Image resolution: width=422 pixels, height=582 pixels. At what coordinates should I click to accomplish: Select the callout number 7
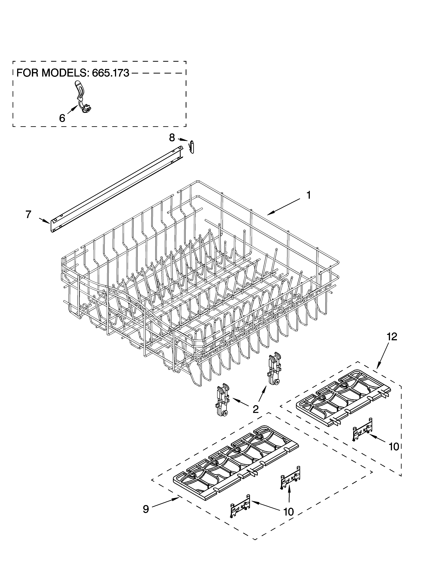pos(28,214)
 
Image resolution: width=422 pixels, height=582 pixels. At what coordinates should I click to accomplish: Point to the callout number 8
pos(172,138)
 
